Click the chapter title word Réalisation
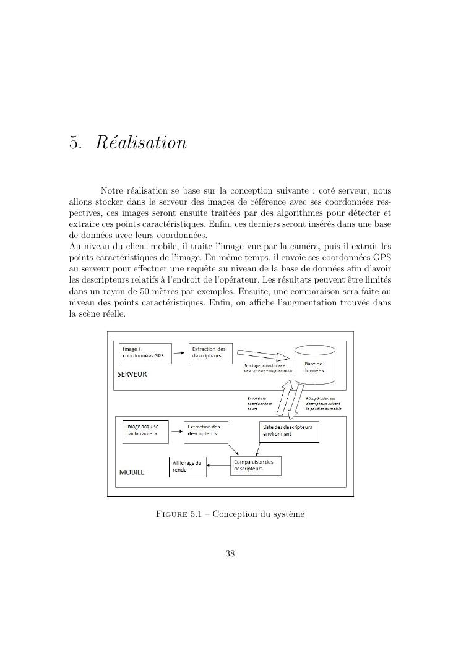pyautogui.click(x=141, y=143)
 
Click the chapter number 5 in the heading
pyautogui.click(x=75, y=143)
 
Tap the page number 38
pyautogui.click(x=230, y=553)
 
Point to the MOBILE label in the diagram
pyautogui.click(x=131, y=472)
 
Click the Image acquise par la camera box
pyautogui.click(x=146, y=430)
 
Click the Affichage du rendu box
pyautogui.click(x=187, y=467)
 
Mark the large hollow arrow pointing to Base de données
pyautogui.click(x=264, y=356)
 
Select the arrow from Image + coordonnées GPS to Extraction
pyautogui.click(x=178, y=353)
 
